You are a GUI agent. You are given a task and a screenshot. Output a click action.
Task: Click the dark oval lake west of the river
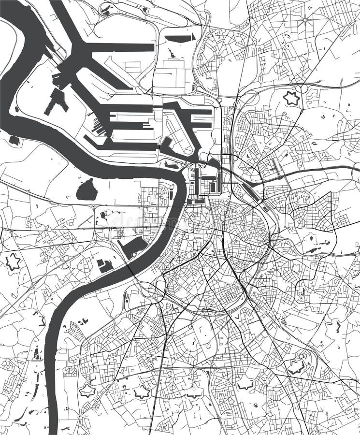pyautogui.click(x=86, y=190)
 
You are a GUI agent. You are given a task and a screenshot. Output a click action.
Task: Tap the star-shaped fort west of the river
pyautogui.click(x=13, y=261)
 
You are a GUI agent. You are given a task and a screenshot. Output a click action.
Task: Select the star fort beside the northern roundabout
pyautogui.click(x=291, y=98)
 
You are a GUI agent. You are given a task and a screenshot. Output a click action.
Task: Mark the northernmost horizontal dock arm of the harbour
pyautogui.click(x=121, y=47)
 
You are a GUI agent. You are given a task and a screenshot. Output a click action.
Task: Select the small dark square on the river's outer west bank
pyautogui.click(x=14, y=140)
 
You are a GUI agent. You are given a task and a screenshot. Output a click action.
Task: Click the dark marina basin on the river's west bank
pyautogui.click(x=133, y=247)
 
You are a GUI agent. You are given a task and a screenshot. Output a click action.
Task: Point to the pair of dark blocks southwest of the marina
pyautogui.click(x=104, y=265)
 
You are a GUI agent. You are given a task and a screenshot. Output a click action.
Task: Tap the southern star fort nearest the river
pyautogui.click(x=87, y=390)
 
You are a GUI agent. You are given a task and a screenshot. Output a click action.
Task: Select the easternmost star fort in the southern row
pyautogui.click(x=296, y=367)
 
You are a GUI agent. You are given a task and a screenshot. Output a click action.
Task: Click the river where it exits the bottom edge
pyautogui.click(x=53, y=428)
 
